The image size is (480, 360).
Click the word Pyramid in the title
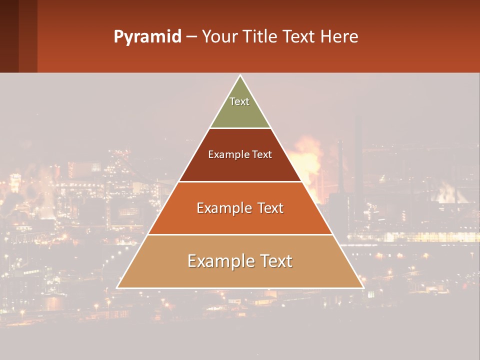click(x=147, y=37)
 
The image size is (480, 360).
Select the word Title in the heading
click(x=260, y=37)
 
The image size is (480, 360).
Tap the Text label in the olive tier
click(x=239, y=101)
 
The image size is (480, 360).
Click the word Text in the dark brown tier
click(x=262, y=154)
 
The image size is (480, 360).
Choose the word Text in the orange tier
click(x=270, y=208)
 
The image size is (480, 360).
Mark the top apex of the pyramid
click(x=240, y=76)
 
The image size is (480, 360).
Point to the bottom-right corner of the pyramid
click(x=362, y=287)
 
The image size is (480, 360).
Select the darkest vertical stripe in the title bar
click(x=9, y=36)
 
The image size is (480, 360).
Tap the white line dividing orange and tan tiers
click(x=240, y=234)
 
